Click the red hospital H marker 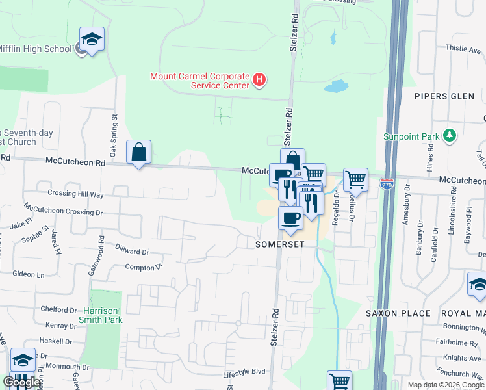pyautogui.click(x=260, y=81)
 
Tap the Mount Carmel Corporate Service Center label pyautogui.click(x=200, y=81)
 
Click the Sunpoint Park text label pyautogui.click(x=411, y=136)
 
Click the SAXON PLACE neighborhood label pyautogui.click(x=398, y=313)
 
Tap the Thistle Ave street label pyautogui.click(x=461, y=48)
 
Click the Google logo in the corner pyautogui.click(x=22, y=382)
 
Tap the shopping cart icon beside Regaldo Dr pyautogui.click(x=355, y=179)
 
